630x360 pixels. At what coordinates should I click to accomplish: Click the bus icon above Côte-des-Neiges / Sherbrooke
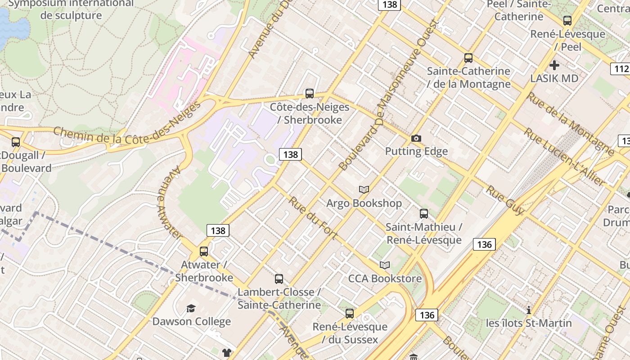(x=310, y=94)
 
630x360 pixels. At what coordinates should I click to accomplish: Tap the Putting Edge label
(x=416, y=151)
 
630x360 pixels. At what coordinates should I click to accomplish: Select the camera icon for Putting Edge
(x=416, y=138)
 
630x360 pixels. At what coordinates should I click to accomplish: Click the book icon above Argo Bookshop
(x=364, y=190)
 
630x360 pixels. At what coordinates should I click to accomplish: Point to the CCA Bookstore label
(x=385, y=279)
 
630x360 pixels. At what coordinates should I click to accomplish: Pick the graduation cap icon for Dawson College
(x=191, y=308)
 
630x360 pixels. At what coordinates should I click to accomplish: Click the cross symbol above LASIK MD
(x=554, y=65)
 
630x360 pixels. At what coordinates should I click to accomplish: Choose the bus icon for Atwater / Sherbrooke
(x=204, y=252)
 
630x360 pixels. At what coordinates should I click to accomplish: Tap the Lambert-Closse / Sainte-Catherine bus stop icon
(x=279, y=279)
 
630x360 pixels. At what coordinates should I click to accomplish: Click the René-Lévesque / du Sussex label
(x=350, y=333)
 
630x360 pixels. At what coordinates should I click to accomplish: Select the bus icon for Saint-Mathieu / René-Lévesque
(x=424, y=214)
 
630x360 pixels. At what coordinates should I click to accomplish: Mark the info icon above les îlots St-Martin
(x=529, y=310)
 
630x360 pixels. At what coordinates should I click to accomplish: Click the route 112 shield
(x=620, y=69)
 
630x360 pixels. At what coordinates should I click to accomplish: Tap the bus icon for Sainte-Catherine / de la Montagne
(x=468, y=58)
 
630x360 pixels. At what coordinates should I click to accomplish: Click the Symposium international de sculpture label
(x=71, y=9)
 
